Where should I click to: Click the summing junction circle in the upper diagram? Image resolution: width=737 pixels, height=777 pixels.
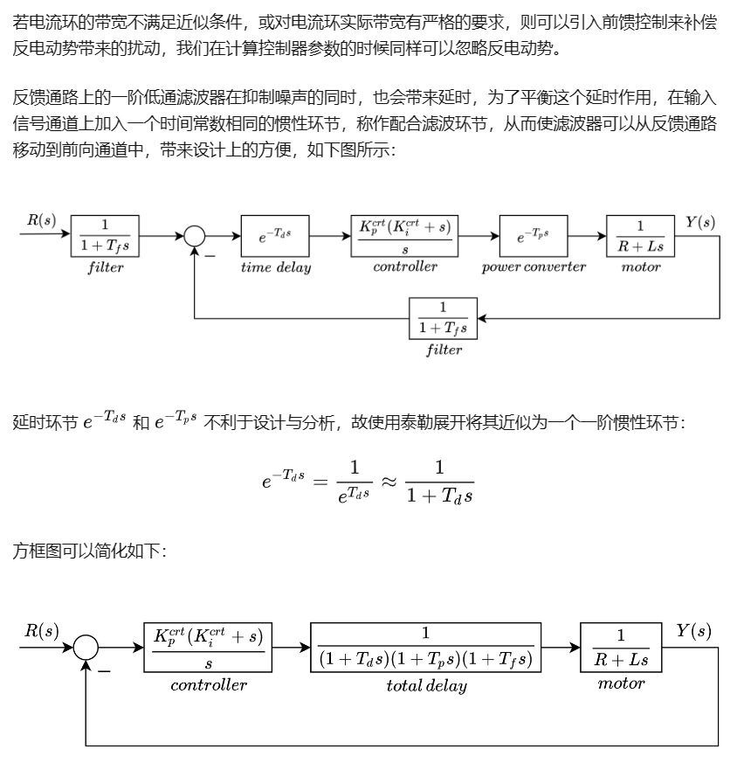[194, 236]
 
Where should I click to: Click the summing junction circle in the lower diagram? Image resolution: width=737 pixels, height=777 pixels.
[86, 648]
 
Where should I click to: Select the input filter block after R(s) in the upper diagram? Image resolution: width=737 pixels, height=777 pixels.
[106, 236]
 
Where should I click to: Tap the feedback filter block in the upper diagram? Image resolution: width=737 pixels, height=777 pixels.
[443, 318]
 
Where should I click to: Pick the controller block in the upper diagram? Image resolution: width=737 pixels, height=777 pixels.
[404, 236]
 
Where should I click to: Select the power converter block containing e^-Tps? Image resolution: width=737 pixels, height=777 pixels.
[533, 236]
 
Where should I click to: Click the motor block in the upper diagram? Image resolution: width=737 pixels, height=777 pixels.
[641, 236]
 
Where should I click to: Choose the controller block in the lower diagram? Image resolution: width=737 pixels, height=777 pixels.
[208, 648]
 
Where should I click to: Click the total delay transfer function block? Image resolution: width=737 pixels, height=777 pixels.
[426, 648]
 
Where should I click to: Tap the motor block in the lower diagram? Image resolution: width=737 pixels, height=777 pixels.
[620, 648]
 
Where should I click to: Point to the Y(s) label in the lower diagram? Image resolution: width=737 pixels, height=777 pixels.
[693, 631]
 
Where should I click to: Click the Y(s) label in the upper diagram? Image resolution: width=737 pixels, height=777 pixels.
[699, 222]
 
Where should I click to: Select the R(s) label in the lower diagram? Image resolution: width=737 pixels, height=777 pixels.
[41, 631]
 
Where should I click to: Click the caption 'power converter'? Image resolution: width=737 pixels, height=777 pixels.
[534, 267]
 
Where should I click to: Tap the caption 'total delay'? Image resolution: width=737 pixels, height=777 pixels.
[426, 686]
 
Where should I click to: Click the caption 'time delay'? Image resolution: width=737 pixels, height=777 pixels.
[275, 267]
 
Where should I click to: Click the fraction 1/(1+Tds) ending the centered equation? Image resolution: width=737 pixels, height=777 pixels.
[439, 482]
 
